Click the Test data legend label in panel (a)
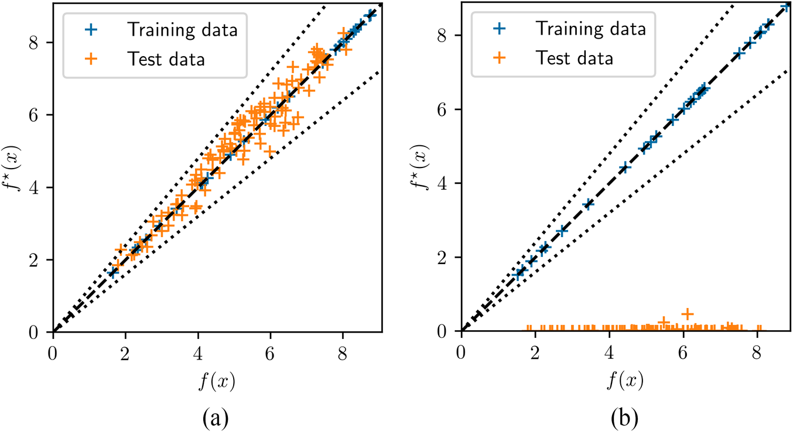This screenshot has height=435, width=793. tap(165, 58)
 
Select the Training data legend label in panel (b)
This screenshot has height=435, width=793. tap(592, 29)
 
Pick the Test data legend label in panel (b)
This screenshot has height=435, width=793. tap(574, 57)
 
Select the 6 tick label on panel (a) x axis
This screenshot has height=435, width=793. tap(270, 353)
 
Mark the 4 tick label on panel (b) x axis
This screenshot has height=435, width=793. tap(609, 353)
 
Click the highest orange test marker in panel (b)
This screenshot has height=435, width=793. tap(688, 313)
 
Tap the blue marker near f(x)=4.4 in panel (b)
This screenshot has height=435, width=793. tap(624, 167)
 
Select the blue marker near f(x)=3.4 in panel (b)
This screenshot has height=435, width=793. tap(588, 204)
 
